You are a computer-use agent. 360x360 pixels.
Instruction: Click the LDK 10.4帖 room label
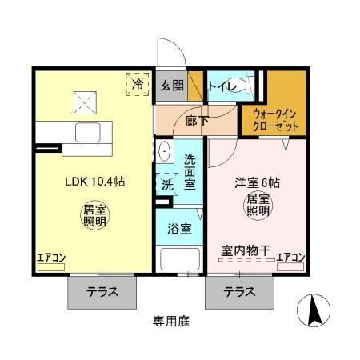pyautogui.click(x=95, y=182)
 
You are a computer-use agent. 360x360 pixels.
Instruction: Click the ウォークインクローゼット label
pyautogui.click(x=274, y=120)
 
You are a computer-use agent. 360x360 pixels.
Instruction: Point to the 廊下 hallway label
pyautogui.click(x=197, y=120)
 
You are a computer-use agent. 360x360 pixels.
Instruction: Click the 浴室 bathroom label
pyautogui.click(x=179, y=229)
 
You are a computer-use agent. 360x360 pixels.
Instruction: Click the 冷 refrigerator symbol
pyautogui.click(x=138, y=83)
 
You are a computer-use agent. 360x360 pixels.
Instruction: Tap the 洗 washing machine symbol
pyautogui.click(x=167, y=183)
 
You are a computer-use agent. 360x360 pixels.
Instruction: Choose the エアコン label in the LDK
pyautogui.click(x=50, y=258)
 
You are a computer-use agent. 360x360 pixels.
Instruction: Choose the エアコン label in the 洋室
pyautogui.click(x=290, y=258)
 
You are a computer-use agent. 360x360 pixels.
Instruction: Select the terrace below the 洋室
pyautogui.click(x=240, y=292)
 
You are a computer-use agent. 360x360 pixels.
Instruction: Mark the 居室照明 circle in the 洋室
pyautogui.click(x=257, y=204)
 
